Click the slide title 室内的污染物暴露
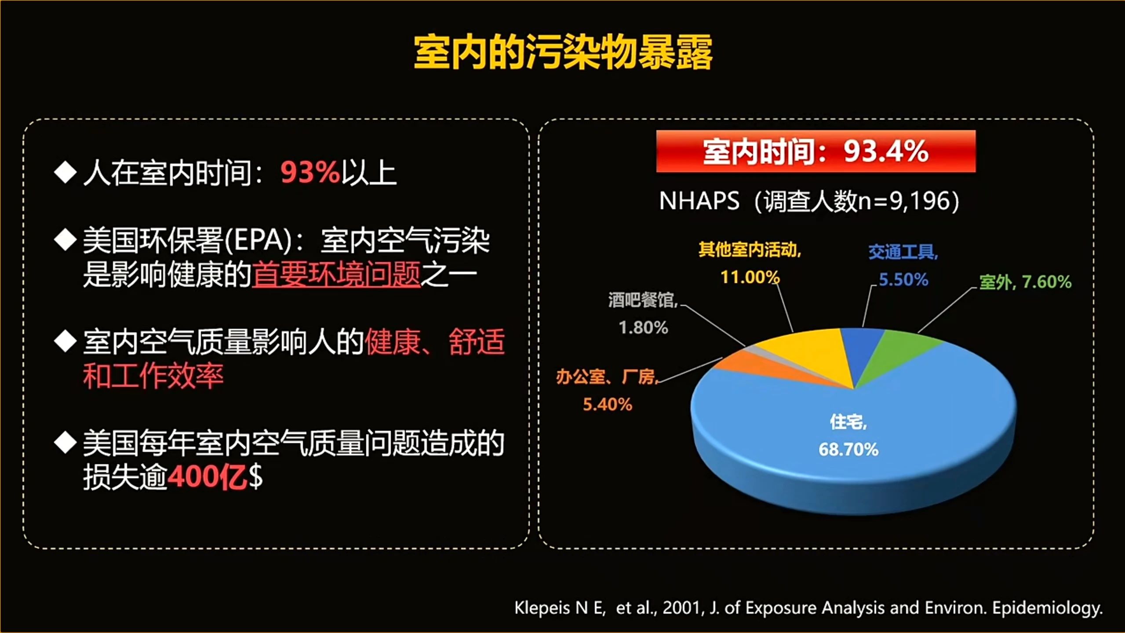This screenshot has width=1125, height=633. [x=563, y=53]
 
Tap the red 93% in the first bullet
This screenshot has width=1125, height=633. [x=310, y=172]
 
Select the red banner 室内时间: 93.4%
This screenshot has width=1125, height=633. [x=816, y=151]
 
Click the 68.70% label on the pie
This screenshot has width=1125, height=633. [x=848, y=449]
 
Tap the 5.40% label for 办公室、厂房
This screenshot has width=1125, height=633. [x=607, y=404]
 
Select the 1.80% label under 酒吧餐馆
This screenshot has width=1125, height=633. [x=643, y=327]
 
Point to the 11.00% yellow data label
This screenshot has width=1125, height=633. [x=750, y=277]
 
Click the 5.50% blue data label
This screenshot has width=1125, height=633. [x=903, y=280]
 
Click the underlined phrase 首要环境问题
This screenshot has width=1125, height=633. [x=336, y=274]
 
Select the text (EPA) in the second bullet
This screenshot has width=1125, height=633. [x=258, y=241]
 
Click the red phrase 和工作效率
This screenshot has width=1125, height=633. [x=153, y=376]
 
